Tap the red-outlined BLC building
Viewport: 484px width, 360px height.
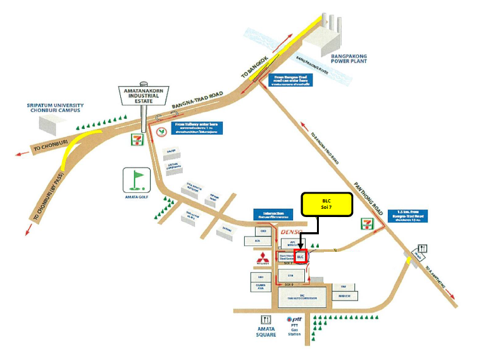pos(301,257)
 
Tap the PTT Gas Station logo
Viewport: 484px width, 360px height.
pos(294,320)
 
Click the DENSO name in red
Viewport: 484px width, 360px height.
pos(292,233)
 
